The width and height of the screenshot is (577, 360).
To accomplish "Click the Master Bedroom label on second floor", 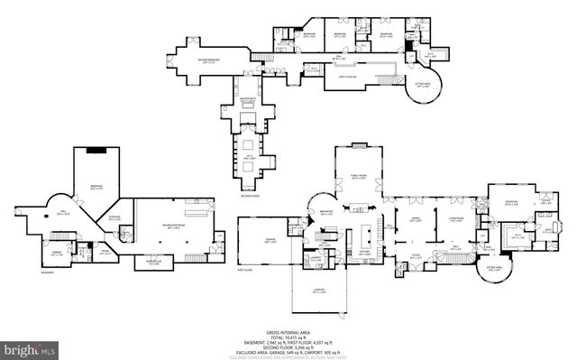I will (208, 61).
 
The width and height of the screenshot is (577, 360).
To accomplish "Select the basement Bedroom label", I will (96, 188).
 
